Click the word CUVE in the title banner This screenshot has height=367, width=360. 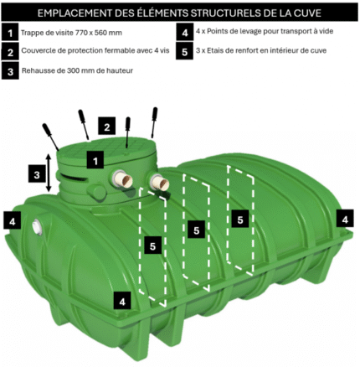[x=308, y=13]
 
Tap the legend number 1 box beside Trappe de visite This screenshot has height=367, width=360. [x=10, y=33]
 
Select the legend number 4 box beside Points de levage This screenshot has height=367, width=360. [x=185, y=32]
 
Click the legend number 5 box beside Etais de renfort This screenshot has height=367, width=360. [x=184, y=51]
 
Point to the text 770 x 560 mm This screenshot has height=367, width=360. [x=99, y=33]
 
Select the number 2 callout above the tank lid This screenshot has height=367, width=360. [x=106, y=127]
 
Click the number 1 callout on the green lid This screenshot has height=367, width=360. [x=95, y=161]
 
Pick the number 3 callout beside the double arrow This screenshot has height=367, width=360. [x=37, y=175]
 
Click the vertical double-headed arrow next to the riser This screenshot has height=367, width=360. [x=49, y=173]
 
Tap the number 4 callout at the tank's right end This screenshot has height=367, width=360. [x=345, y=219]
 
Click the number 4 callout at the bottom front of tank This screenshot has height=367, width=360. [x=122, y=302]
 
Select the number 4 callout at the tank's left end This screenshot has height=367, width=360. [x=13, y=221]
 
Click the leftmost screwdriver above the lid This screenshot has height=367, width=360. [x=51, y=137]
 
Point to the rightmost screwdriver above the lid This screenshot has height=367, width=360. [x=154, y=122]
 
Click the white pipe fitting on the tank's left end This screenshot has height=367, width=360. [x=37, y=227]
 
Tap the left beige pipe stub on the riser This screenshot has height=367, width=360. [x=123, y=179]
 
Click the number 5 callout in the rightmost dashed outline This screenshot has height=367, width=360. [x=240, y=220]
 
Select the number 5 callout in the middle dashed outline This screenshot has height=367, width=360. [x=196, y=230]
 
